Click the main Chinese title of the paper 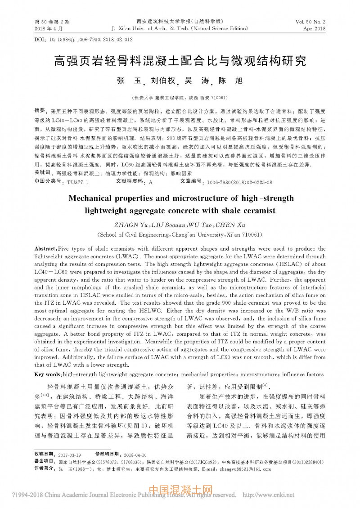click(180, 61)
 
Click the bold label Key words click(47, 374)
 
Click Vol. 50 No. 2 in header click(310, 22)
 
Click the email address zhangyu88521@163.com click(244, 469)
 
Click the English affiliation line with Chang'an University click(180, 234)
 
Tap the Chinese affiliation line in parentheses click(180, 97)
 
